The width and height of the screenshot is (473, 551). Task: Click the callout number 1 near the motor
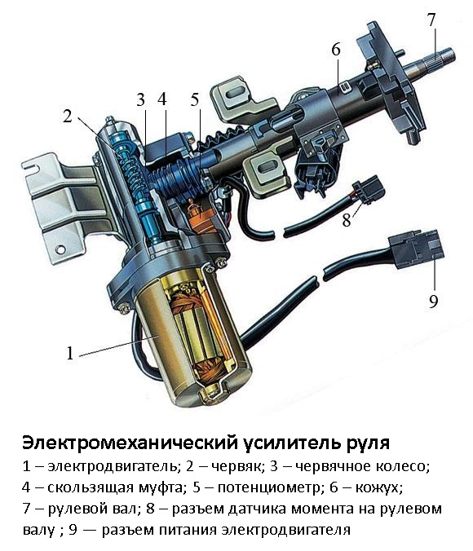70,353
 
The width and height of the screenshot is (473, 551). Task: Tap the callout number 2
68,117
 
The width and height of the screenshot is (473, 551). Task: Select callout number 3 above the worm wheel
140,99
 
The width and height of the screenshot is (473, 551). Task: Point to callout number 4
161,99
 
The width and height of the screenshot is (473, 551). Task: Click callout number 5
195,99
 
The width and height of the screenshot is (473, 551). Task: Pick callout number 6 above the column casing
336,50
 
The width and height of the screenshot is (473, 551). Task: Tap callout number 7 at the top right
431,20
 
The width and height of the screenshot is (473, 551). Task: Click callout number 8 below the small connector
347,220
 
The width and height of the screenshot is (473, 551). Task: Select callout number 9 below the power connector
433,301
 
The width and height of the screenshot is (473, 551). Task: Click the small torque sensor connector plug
370,190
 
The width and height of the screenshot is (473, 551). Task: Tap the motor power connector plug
416,249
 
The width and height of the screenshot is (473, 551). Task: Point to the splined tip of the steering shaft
439,59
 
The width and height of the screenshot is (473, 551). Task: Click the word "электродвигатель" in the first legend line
113,467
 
